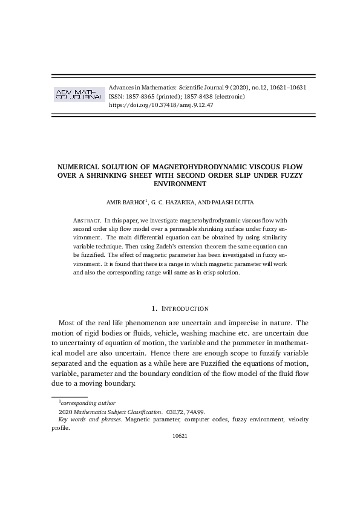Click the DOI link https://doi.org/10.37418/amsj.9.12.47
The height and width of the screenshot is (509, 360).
click(x=160, y=105)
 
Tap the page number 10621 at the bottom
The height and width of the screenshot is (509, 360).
click(x=180, y=435)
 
